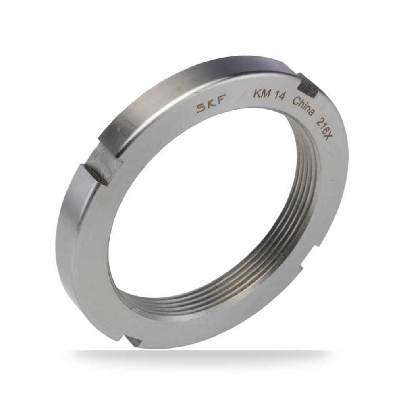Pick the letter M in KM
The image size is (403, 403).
point(266,93)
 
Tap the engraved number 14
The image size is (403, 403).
point(279,96)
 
